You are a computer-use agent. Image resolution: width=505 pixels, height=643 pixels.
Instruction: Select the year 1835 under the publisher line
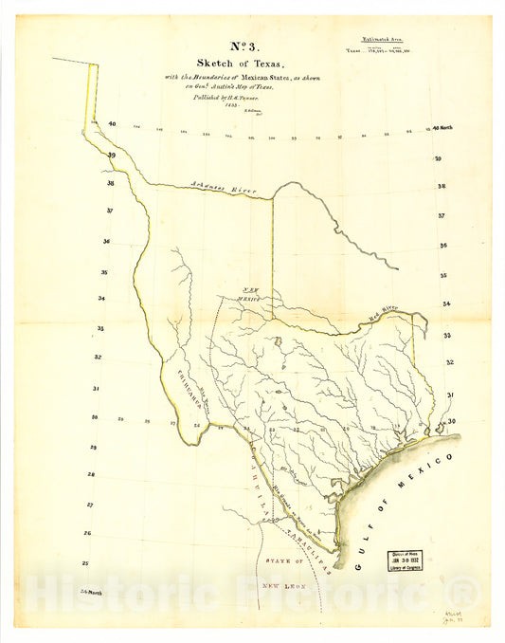coord(204,105)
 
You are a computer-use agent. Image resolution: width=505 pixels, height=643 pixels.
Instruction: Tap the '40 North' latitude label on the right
coord(443,127)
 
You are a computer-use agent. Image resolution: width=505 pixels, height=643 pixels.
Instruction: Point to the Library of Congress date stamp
coord(405,563)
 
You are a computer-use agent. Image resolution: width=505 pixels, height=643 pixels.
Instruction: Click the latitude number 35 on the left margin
coord(104,272)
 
